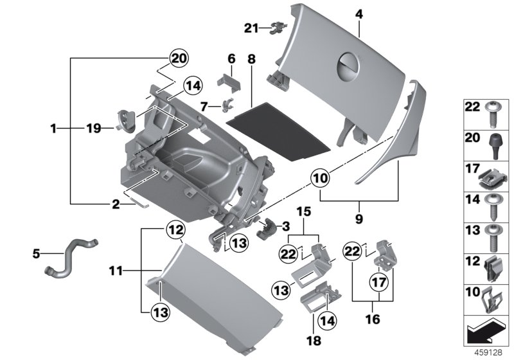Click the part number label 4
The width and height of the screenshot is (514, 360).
tap(359, 14)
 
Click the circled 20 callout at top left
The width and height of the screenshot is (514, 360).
tap(179, 60)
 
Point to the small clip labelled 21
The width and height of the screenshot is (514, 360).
tap(278, 28)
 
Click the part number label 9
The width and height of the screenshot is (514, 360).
tap(359, 219)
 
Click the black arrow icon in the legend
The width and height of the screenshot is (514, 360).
tap(481, 332)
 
